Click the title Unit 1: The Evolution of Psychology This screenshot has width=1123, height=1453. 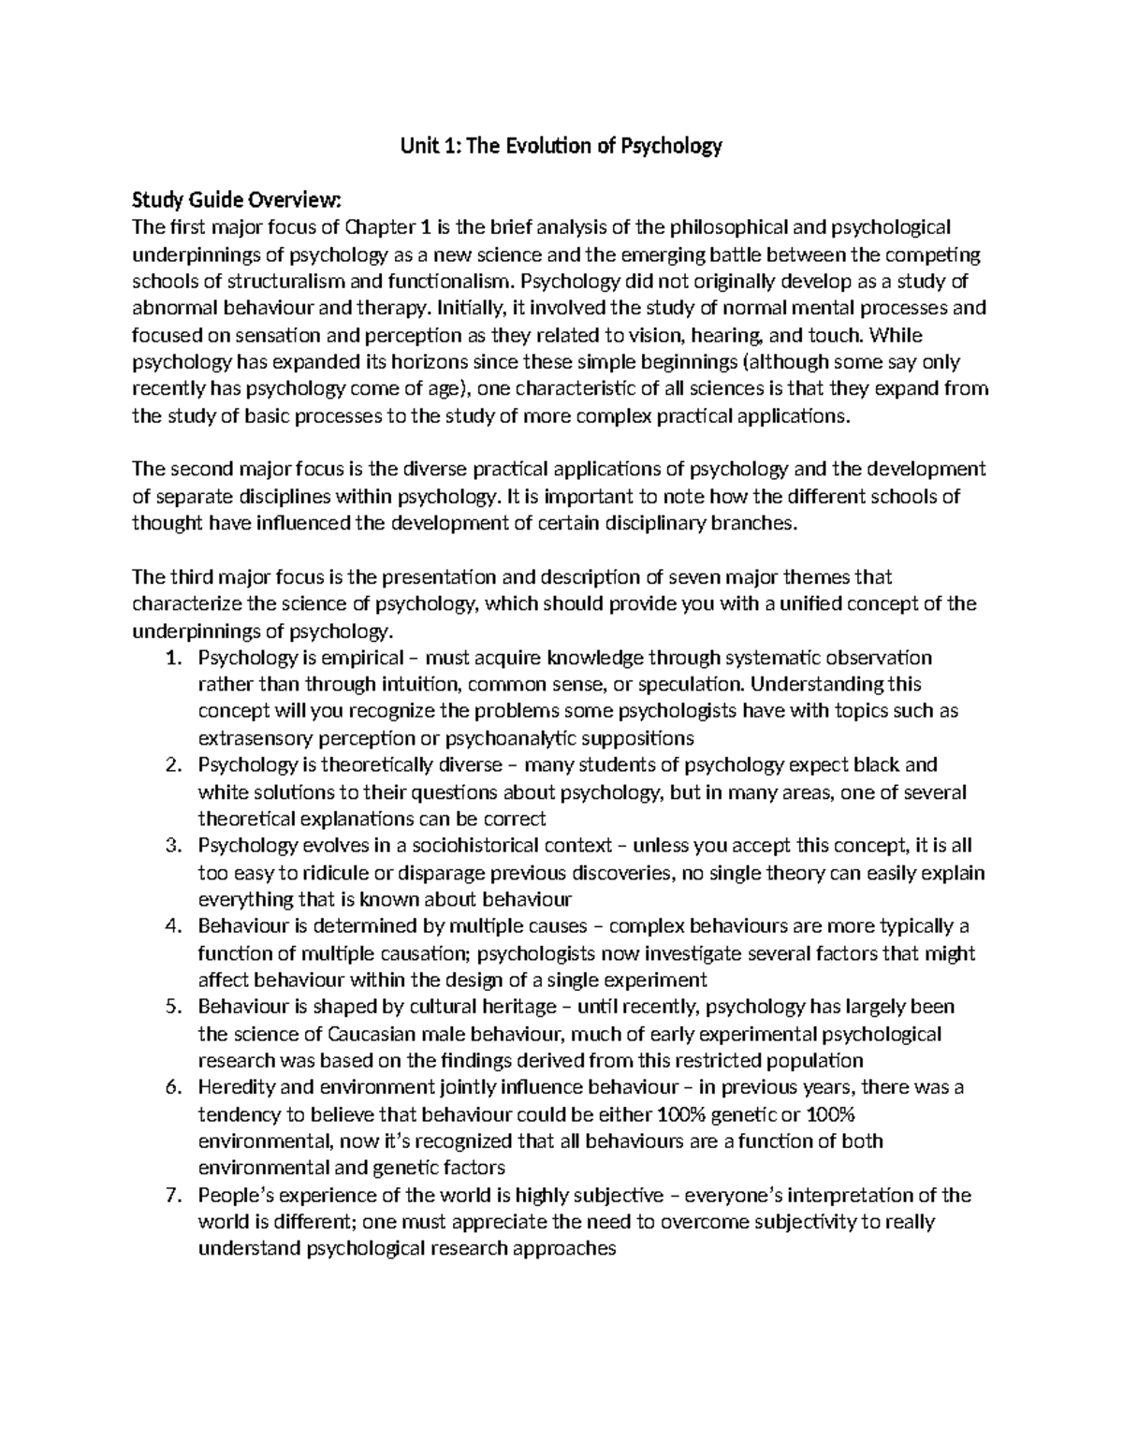coord(561,146)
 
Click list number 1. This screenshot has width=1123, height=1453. coord(171,658)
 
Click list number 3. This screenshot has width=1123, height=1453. coord(171,846)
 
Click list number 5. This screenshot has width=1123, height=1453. coord(171,1007)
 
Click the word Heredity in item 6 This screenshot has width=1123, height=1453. coord(235,1087)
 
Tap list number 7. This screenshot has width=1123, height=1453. coord(171,1195)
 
